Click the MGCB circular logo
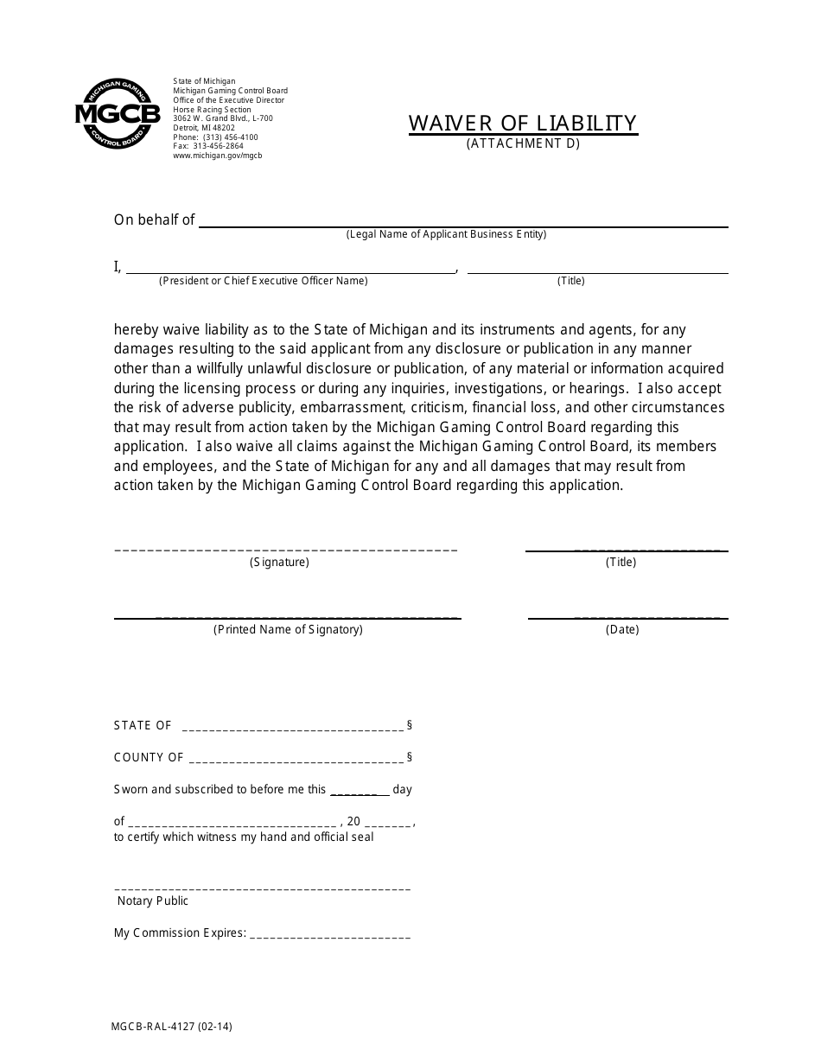point(117,113)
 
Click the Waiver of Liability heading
point(523,123)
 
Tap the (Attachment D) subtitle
point(523,144)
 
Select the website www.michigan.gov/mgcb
point(217,156)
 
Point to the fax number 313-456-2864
point(208,146)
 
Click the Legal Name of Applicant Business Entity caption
point(446,234)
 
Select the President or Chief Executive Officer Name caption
point(263,281)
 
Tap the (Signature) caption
point(279,563)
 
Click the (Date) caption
point(622,630)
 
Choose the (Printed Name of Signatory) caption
point(288,630)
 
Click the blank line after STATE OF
point(293,728)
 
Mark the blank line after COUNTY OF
point(296,760)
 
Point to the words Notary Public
point(153,901)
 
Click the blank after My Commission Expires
point(329,936)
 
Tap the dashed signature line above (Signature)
point(285,549)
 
